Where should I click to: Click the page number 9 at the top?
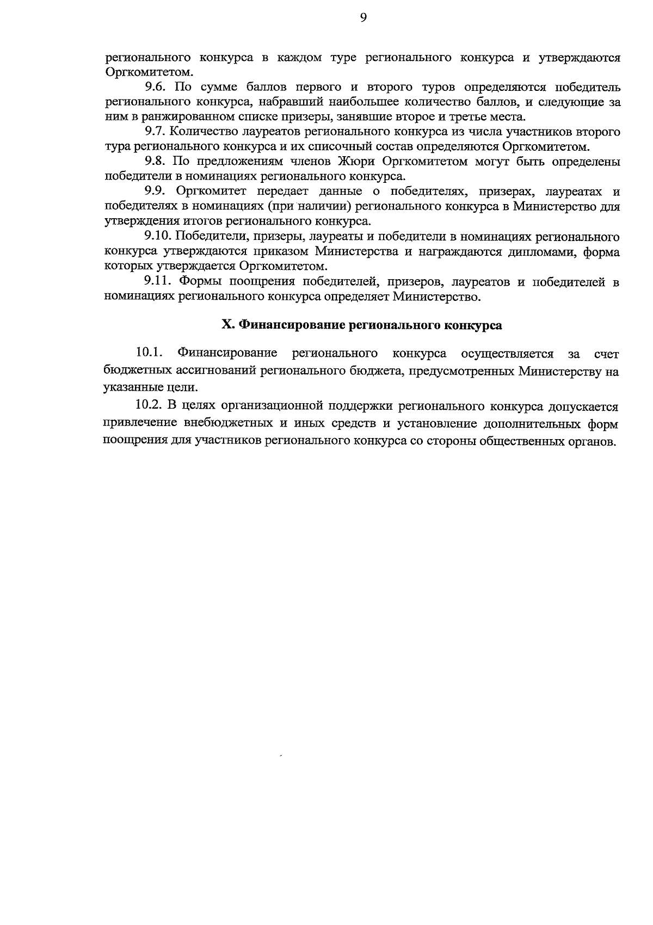coord(364,18)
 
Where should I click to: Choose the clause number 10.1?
coord(150,354)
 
